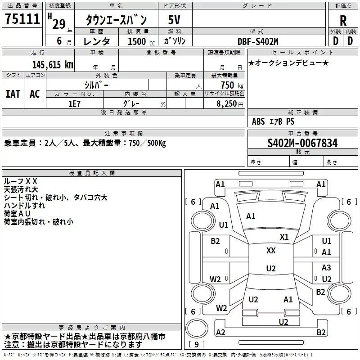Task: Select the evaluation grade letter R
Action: coord(343,21)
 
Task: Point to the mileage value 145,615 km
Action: coord(53,64)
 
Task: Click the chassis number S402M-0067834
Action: coord(302,143)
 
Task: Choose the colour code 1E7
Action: coord(74,103)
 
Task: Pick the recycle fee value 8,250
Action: coord(229,103)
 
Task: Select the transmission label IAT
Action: coord(13,94)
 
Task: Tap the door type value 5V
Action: coord(175,20)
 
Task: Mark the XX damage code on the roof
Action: coord(271,251)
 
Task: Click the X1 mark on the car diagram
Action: coord(284,237)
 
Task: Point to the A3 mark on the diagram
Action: coord(326,268)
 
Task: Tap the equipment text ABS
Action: coord(258,121)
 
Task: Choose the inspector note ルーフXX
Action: coord(21,181)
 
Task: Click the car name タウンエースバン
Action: coord(116,20)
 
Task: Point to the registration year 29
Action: coord(58,23)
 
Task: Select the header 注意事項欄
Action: coord(123,134)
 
